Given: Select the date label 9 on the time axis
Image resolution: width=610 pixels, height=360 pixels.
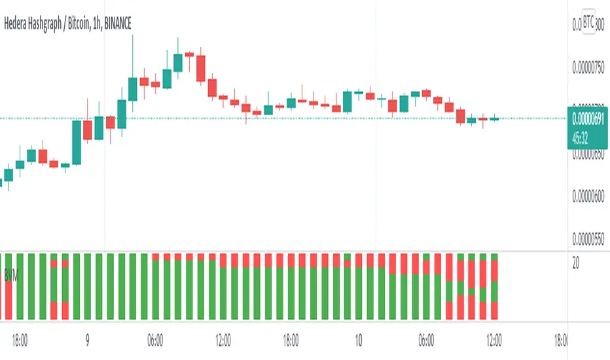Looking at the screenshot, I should pyautogui.click(x=87, y=340).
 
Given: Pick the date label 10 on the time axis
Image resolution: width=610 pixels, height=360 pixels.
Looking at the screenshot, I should pyautogui.click(x=358, y=340).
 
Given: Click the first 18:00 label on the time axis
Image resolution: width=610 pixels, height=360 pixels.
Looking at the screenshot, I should pyautogui.click(x=19, y=340).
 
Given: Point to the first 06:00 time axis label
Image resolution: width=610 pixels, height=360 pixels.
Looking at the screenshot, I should pyautogui.click(x=155, y=340).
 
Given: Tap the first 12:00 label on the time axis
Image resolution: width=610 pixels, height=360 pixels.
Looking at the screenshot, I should pyautogui.click(x=223, y=340).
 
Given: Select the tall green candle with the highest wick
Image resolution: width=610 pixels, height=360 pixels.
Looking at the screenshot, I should pyautogui.click(x=133, y=88).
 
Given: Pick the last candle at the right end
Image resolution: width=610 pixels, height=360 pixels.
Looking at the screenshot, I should pyautogui.click(x=494, y=118).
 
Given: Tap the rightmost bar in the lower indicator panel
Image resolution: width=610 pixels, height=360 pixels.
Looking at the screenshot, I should pyautogui.click(x=494, y=286).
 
